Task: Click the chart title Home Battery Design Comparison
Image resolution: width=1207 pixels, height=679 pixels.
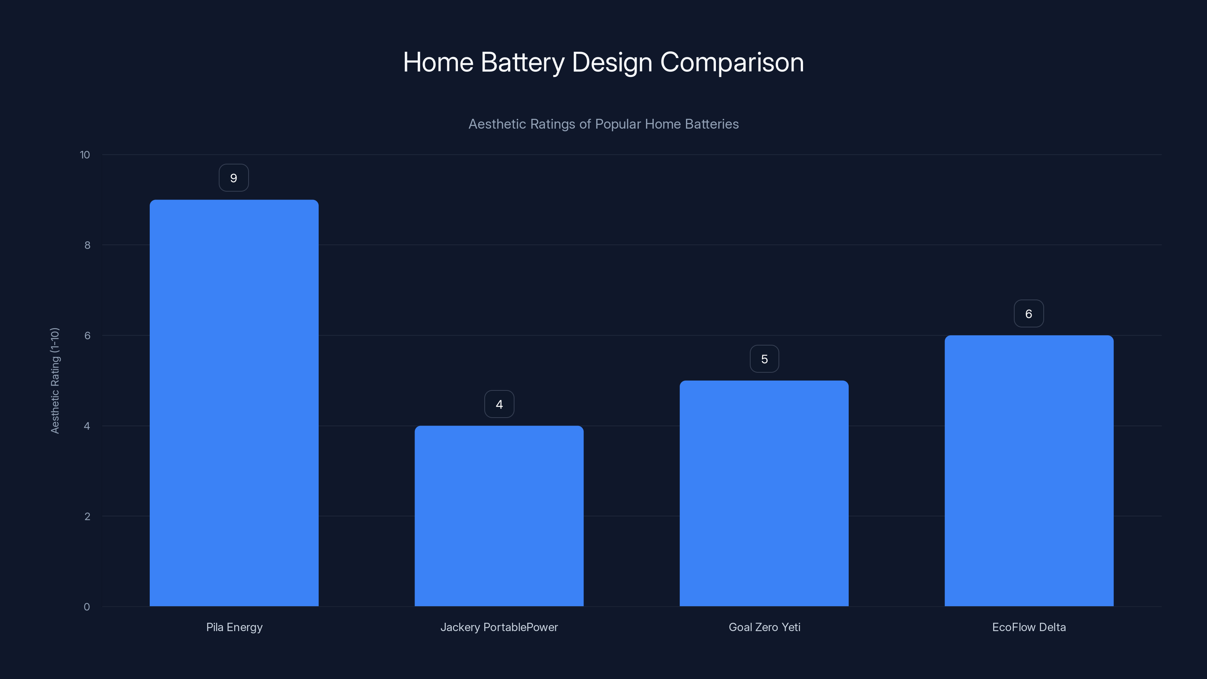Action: point(603,62)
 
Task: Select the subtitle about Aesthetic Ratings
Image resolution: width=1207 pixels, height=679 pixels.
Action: point(603,124)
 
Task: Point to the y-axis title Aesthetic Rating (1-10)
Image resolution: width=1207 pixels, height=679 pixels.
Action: point(55,381)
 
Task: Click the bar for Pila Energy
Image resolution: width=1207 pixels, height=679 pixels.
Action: point(234,403)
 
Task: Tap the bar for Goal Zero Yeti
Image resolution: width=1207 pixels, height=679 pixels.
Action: point(764,493)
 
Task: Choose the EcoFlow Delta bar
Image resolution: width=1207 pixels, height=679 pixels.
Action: point(1029,471)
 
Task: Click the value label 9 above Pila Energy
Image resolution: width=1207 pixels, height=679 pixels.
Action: point(234,178)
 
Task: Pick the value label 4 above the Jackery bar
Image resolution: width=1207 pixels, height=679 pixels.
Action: point(499,404)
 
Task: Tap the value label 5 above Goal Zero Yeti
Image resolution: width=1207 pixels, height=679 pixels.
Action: point(764,359)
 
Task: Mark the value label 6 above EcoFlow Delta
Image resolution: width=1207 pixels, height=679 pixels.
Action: point(1029,314)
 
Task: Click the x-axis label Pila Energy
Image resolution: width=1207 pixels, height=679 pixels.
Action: point(234,627)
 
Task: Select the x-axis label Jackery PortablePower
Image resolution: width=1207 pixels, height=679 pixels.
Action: point(499,627)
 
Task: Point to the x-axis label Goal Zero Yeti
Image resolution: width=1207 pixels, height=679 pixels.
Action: point(764,627)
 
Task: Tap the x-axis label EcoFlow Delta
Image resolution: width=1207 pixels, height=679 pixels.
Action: point(1029,627)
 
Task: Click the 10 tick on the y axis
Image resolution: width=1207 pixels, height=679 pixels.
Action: point(85,155)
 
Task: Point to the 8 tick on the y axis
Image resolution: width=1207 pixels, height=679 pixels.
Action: point(87,246)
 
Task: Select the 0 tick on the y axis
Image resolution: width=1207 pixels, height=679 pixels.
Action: point(87,607)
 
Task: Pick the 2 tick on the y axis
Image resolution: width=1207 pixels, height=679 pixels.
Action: point(87,517)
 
